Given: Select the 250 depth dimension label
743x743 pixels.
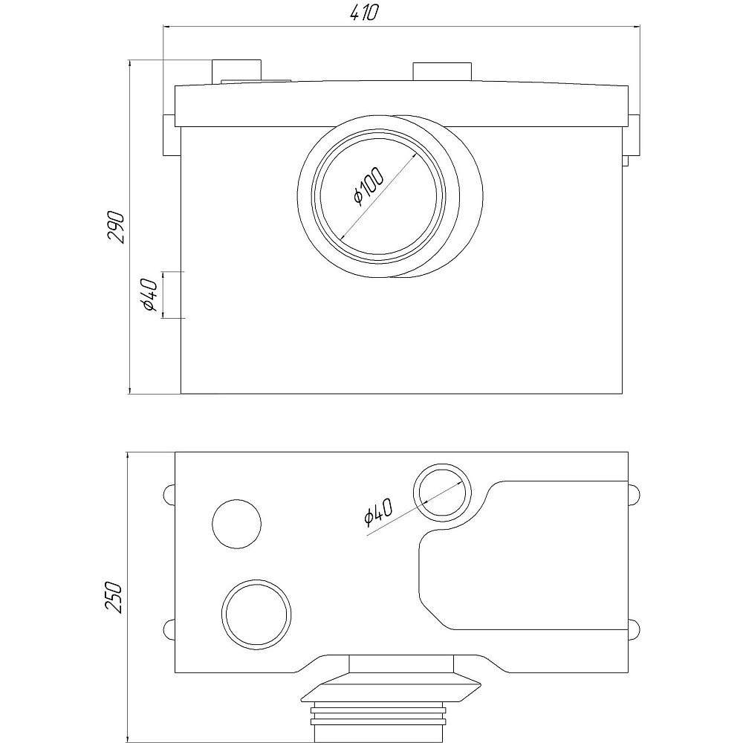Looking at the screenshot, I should coord(114,597).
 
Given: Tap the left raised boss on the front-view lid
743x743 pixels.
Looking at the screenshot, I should coord(237,72).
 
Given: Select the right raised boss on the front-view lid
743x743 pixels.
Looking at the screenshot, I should coord(442,72).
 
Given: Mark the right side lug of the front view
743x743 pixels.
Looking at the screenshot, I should coord(632,138).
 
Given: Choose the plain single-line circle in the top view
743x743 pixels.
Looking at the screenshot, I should coord(237,523).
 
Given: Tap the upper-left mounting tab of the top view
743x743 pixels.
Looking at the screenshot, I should coord(169,494).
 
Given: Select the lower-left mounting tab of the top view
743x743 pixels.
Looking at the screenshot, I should coord(169,629).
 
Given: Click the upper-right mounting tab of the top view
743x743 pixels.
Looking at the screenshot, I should coord(634,494).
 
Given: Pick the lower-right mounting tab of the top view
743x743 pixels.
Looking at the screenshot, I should coord(634,629).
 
